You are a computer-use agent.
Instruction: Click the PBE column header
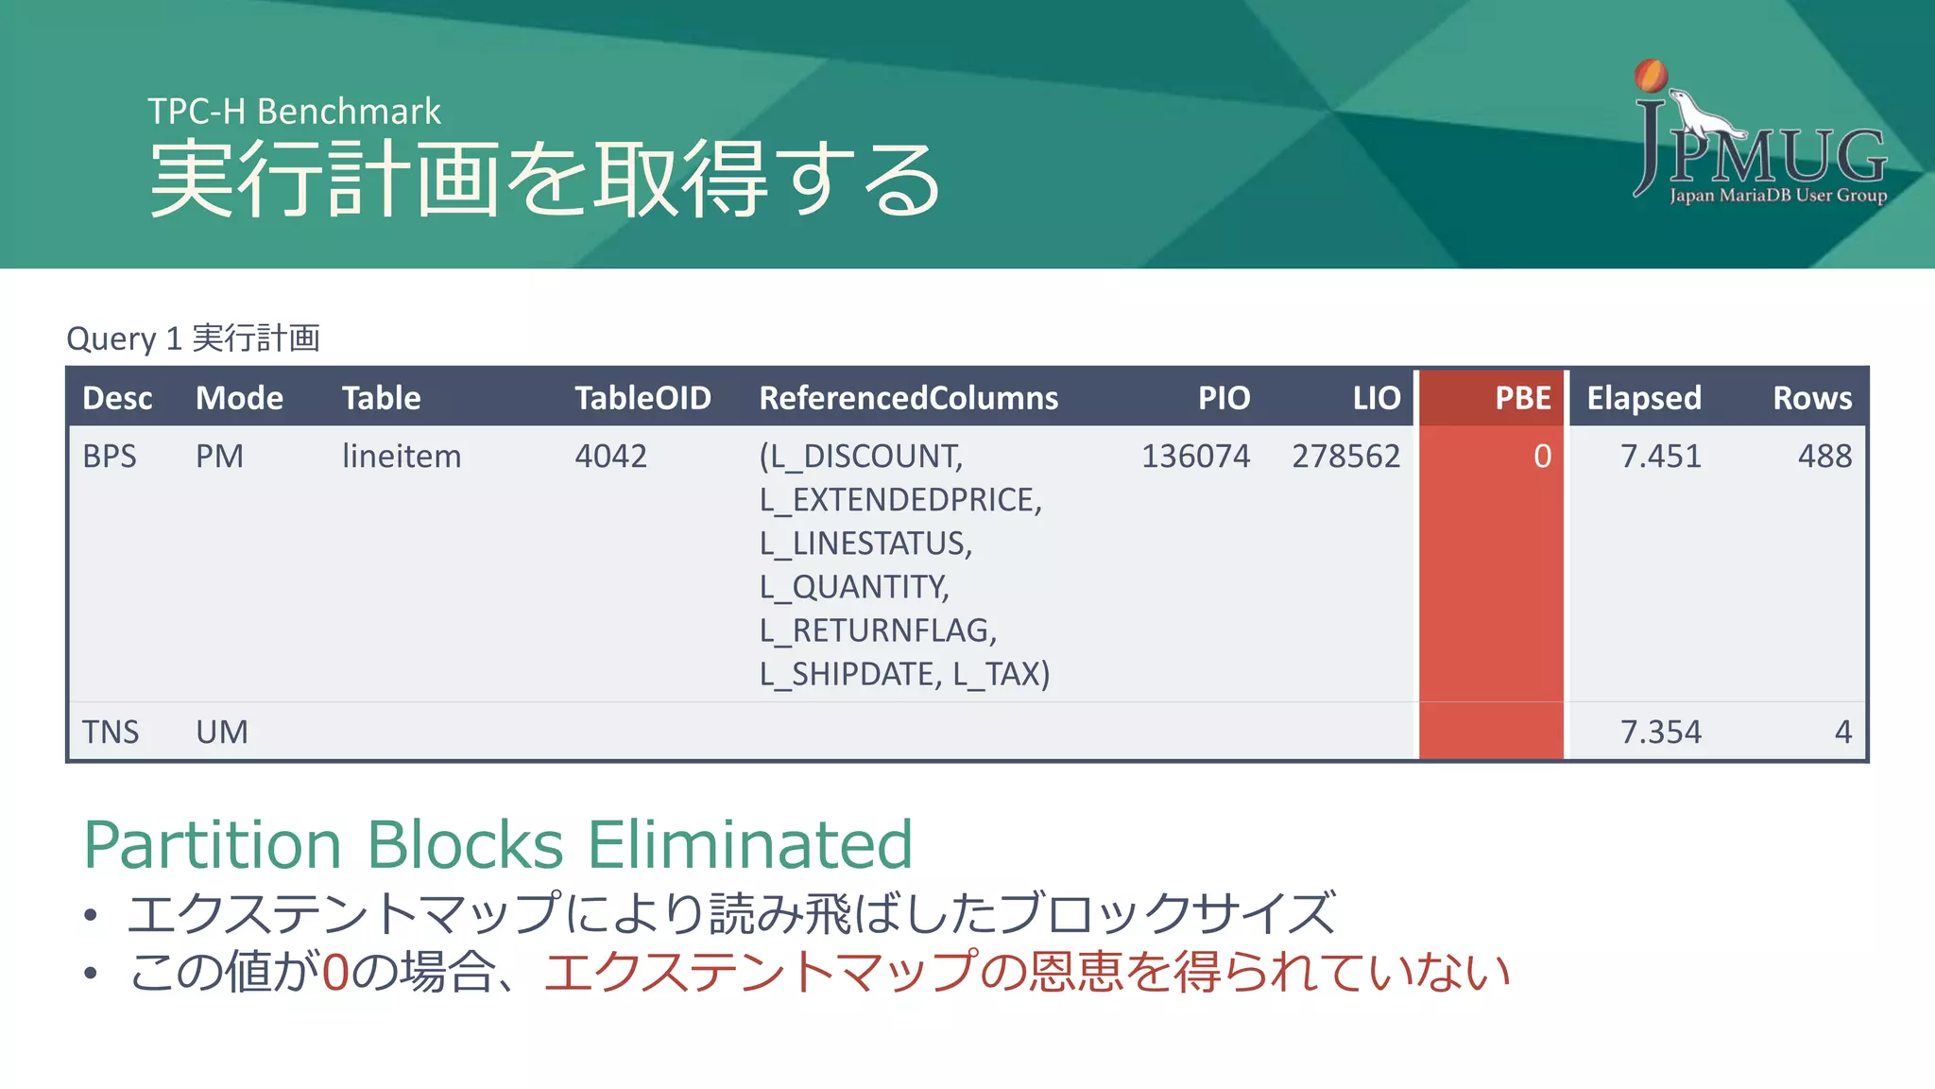[1522, 398]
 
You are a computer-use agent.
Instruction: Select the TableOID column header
[642, 398]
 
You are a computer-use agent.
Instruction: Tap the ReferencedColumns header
[908, 398]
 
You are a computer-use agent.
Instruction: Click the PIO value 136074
[1194, 457]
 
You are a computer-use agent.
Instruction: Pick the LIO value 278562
[1345, 457]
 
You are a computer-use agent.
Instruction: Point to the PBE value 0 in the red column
[1542, 457]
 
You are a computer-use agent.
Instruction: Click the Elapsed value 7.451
[1660, 457]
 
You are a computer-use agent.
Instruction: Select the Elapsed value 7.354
[1660, 733]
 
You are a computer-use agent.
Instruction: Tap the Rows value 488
[1824, 457]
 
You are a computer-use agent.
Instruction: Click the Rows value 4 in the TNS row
[1842, 733]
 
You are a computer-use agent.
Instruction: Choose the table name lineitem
[402, 457]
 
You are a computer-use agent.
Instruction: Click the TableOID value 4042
[610, 457]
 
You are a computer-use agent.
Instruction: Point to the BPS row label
[110, 457]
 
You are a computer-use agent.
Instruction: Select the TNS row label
[111, 733]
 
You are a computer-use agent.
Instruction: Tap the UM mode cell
[222, 733]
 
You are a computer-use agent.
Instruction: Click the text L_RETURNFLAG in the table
[876, 631]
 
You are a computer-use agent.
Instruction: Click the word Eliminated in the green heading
[750, 844]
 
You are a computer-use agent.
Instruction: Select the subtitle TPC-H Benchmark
[294, 112]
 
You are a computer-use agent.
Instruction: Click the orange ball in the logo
[1651, 76]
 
